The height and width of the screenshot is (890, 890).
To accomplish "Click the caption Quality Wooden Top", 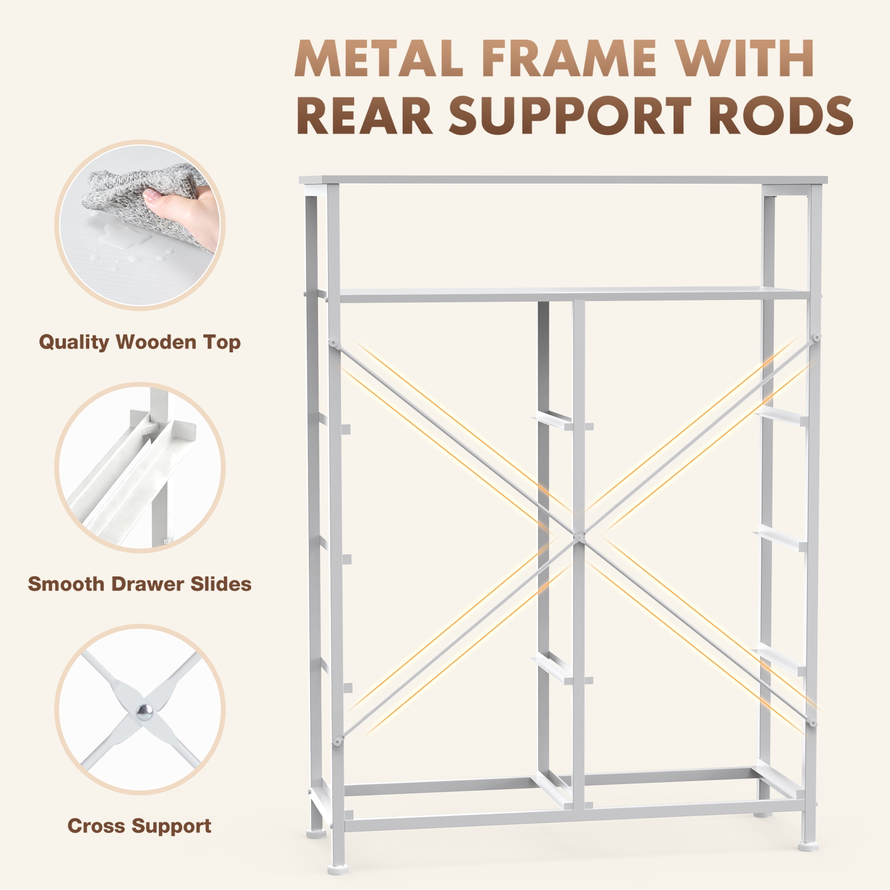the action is [x=140, y=343].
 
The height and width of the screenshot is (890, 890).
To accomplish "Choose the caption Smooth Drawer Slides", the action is [x=140, y=584].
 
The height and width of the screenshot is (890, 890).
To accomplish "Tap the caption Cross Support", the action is [x=140, y=826].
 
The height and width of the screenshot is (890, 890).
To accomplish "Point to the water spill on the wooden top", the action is [x=124, y=237].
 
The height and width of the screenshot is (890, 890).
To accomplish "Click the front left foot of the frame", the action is [x=339, y=869].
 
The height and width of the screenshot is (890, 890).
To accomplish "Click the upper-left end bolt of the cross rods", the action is [x=333, y=343].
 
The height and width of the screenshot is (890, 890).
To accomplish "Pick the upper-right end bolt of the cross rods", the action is [x=816, y=338].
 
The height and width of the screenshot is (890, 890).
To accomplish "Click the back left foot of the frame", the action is [x=316, y=833].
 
